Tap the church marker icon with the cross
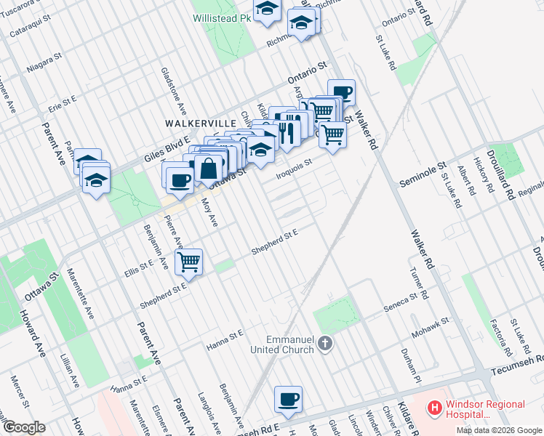(x=325, y=342)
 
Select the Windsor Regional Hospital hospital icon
(x=434, y=409)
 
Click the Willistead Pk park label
(x=221, y=19)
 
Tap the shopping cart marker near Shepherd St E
(x=189, y=261)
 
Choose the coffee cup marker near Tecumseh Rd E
(x=289, y=399)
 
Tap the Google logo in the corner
(x=24, y=427)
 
